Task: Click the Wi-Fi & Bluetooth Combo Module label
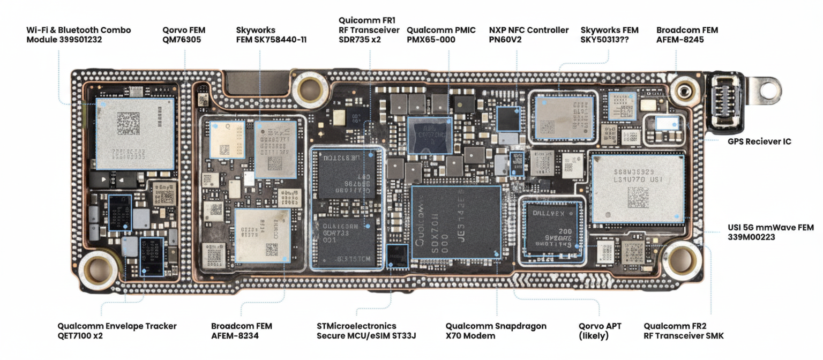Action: coord(78,35)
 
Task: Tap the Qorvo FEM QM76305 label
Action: coord(184,35)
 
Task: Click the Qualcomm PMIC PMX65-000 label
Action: coord(441,35)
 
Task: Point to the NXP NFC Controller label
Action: coord(528,35)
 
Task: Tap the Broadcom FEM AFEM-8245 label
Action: coord(687,35)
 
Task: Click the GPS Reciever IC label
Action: coord(759,141)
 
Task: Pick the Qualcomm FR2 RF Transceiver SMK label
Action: coord(684,331)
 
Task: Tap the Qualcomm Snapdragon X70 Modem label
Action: coord(496,331)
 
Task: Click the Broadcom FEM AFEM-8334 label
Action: coord(242,331)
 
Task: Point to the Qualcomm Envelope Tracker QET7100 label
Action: coord(117,331)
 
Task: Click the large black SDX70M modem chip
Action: coord(456,222)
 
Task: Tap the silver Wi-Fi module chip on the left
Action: coord(135,133)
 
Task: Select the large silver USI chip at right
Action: coord(638,187)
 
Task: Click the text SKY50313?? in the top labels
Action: coord(604,40)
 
